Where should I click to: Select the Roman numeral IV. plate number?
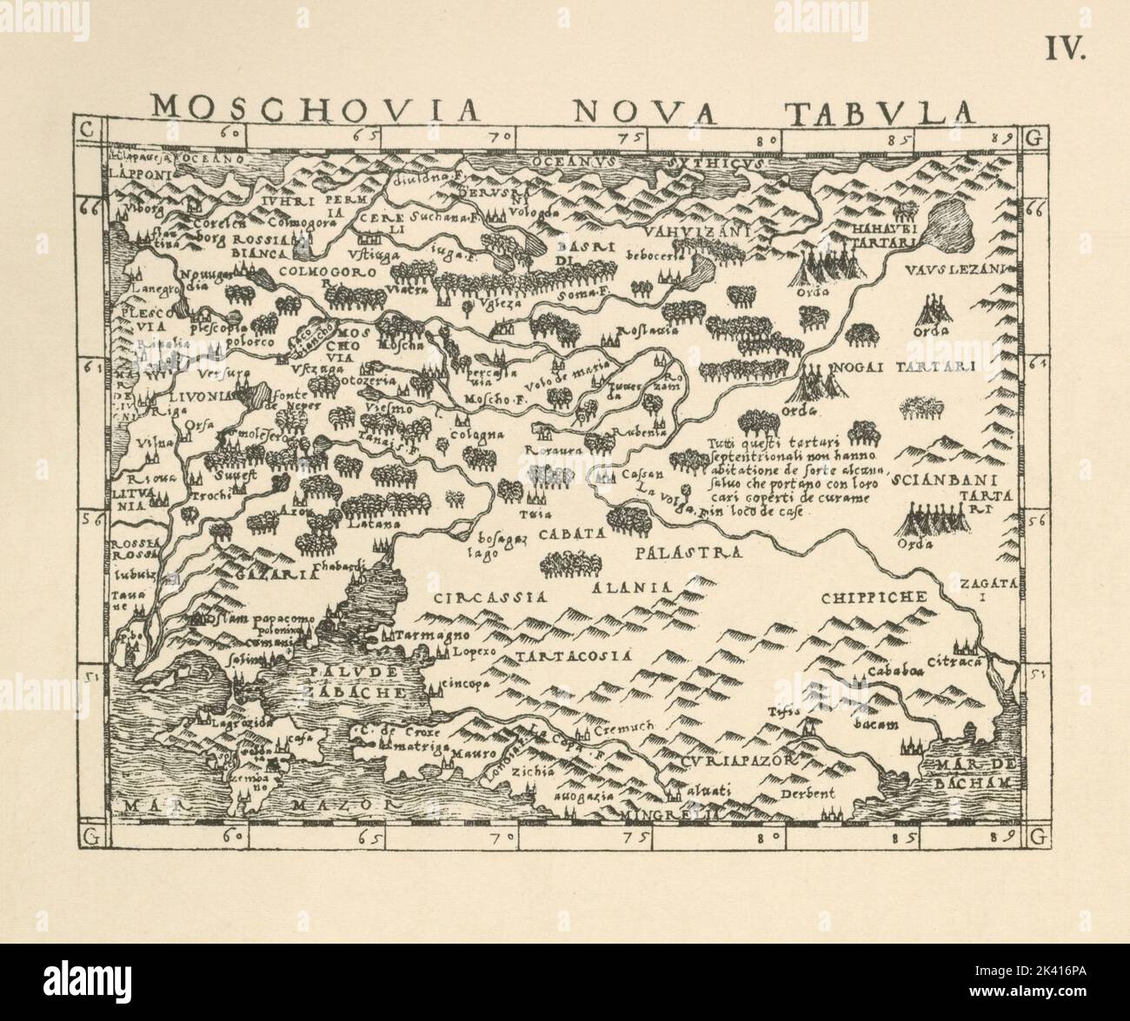1065,50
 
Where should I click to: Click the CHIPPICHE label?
875,597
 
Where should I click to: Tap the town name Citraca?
957,662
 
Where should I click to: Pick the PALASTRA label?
687,553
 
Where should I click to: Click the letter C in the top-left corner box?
85,130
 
